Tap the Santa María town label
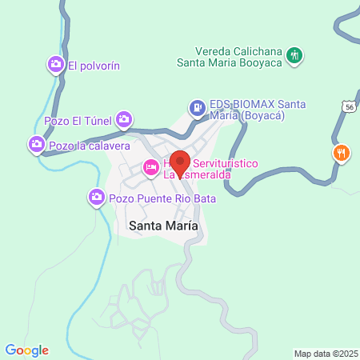pyautogui.click(x=162, y=226)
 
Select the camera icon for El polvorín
pyautogui.click(x=56, y=64)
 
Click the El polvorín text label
pyautogui.click(x=94, y=66)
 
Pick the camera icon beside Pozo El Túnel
pyautogui.click(x=124, y=120)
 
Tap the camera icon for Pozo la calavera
pyautogui.click(x=35, y=145)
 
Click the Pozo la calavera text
pyautogui.click(x=89, y=146)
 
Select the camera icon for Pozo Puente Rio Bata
pyautogui.click(x=97, y=196)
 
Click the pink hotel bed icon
pyautogui.click(x=150, y=168)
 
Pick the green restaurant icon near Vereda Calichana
pyautogui.click(x=295, y=56)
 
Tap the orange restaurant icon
pyautogui.click(x=342, y=152)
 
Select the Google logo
pyautogui.click(x=26, y=350)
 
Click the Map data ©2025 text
pyautogui.click(x=324, y=354)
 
